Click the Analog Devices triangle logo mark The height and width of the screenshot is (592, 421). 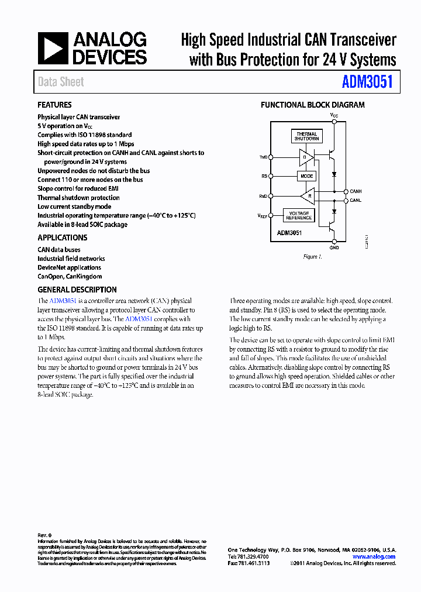pyautogui.click(x=53, y=48)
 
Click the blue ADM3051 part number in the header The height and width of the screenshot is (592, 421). pyautogui.click(x=367, y=82)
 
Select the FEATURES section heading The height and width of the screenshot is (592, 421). pyautogui.click(x=54, y=105)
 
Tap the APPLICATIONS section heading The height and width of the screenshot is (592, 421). pyautogui.click(x=63, y=238)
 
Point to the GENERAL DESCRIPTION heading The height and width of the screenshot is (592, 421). pyautogui.click(x=77, y=290)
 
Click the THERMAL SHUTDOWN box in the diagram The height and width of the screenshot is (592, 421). pyautogui.click(x=306, y=136)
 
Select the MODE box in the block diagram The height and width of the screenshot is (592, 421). pyautogui.click(x=306, y=176)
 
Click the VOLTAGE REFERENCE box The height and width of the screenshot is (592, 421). pyautogui.click(x=299, y=215)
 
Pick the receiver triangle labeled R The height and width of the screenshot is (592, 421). pyautogui.click(x=308, y=195)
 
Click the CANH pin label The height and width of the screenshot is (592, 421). pyautogui.click(x=356, y=191)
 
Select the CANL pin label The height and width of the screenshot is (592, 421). pyautogui.click(x=356, y=201)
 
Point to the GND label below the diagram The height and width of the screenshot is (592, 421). pyautogui.click(x=334, y=247)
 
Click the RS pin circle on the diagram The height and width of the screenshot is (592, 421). pyautogui.click(x=270, y=176)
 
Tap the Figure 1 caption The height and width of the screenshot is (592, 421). pyautogui.click(x=312, y=257)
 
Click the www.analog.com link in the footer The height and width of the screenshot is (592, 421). pyautogui.click(x=378, y=557)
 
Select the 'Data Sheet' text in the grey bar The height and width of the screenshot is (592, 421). pyautogui.click(x=61, y=82)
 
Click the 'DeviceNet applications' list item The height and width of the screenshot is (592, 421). pyautogui.click(x=70, y=267)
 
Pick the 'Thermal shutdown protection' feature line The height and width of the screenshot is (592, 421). pyautogui.click(x=78, y=198)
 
